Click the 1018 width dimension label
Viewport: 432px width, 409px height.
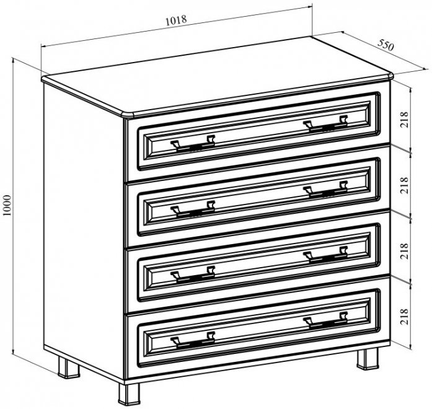[176, 20]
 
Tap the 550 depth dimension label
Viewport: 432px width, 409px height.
[386, 45]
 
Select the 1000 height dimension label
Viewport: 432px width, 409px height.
[7, 205]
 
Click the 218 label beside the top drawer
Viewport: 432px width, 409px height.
[404, 119]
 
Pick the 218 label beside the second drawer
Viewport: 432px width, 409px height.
[404, 185]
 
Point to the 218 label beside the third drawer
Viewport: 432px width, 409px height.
[404, 251]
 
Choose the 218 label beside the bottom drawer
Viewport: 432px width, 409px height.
[404, 317]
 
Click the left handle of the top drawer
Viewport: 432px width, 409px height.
[193, 143]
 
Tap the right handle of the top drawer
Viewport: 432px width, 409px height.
[325, 124]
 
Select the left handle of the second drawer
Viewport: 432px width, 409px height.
[193, 209]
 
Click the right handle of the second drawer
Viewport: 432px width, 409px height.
[325, 190]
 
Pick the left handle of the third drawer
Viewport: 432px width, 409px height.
[193, 275]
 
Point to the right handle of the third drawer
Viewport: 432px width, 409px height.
[325, 255]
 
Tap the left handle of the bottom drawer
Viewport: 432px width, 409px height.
[193, 340]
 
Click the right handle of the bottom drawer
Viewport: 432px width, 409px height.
[325, 321]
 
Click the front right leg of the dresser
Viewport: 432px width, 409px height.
[368, 359]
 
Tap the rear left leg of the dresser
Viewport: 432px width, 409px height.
[69, 367]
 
